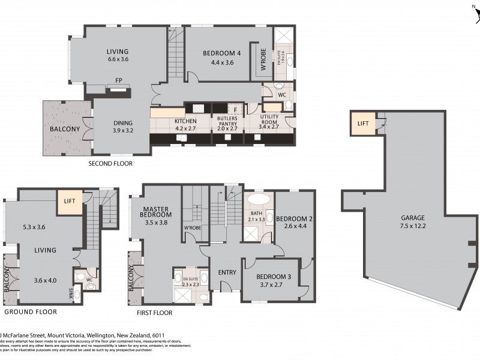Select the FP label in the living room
(x=119, y=79)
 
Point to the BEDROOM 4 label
(x=222, y=53)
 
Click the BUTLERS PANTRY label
(x=227, y=122)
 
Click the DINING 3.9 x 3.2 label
(x=123, y=127)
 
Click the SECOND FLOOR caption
(x=110, y=163)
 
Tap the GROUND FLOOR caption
(x=31, y=312)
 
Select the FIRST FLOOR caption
(x=154, y=313)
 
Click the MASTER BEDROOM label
(x=156, y=214)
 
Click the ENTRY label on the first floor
(x=227, y=272)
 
